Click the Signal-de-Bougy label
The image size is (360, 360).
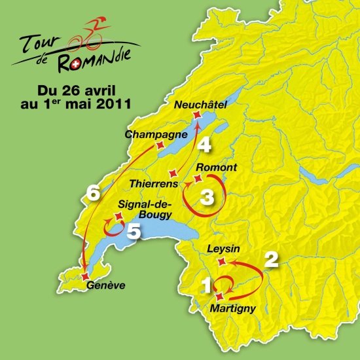147,209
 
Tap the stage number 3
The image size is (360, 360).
206,196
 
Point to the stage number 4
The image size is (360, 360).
205,145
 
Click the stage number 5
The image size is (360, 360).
134,231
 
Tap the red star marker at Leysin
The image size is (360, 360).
221,262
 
